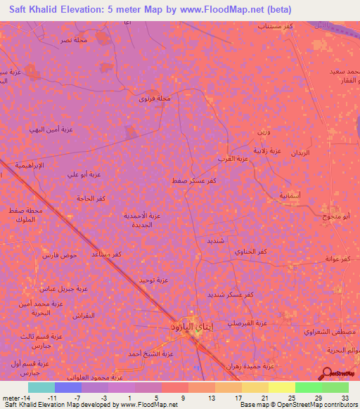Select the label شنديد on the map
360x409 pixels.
click(x=215, y=240)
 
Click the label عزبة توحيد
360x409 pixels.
click(x=153, y=280)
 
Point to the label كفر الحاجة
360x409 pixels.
click(x=91, y=199)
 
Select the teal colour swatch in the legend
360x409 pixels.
click(x=41, y=387)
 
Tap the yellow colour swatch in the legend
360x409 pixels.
click(x=281, y=387)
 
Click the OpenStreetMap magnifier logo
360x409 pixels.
click(x=328, y=372)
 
